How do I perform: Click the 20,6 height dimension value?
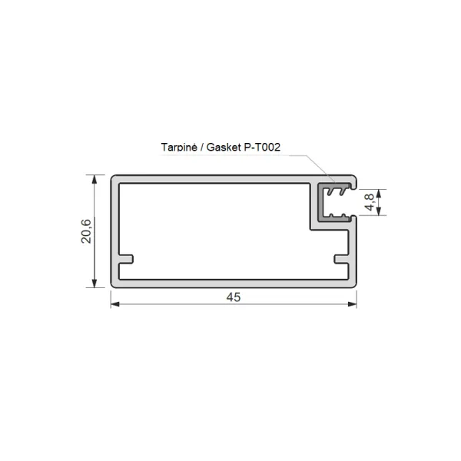(86, 231)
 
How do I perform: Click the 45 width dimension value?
(234, 297)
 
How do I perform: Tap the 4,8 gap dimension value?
(370, 202)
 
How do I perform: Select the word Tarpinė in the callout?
(179, 147)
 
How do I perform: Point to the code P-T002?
(262, 147)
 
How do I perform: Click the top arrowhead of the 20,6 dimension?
(95, 179)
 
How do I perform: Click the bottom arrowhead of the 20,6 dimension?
(95, 283)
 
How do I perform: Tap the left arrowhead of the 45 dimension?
(115, 304)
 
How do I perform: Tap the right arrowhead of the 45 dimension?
(352, 304)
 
